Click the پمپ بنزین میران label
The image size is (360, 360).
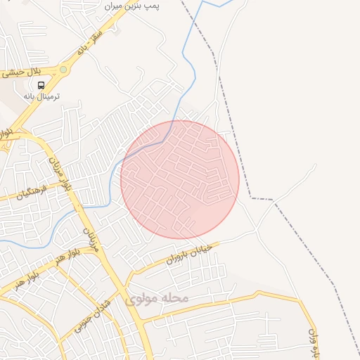pyautogui.click(x=133, y=6)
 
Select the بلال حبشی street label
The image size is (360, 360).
pyautogui.click(x=24, y=72)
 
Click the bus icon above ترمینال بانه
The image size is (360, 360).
pyautogui.click(x=41, y=85)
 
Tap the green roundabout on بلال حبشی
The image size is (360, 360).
pyautogui.click(x=64, y=70)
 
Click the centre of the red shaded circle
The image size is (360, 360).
pyautogui.click(x=180, y=180)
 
